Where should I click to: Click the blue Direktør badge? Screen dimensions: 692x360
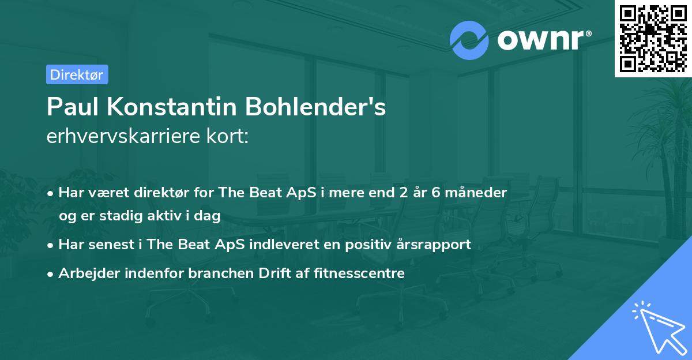point(77,74)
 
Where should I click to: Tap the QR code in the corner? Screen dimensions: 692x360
point(653,38)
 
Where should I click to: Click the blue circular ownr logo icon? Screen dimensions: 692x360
point(469,40)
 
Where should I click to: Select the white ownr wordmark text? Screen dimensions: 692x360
point(544,40)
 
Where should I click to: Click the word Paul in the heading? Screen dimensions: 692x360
point(73,107)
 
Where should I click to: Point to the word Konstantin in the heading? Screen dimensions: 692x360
point(172,107)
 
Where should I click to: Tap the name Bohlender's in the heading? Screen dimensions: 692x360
point(315,107)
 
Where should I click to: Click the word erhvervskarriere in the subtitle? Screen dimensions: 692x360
point(123,136)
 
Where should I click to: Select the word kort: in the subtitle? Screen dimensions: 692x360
point(228,136)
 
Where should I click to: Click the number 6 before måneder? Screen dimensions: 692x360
point(435,192)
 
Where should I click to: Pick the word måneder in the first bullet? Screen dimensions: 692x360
point(476,192)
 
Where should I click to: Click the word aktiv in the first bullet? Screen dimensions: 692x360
point(164,215)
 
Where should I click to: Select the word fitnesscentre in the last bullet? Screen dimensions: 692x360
point(359,273)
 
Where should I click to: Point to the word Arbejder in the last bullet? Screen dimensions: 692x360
point(89,273)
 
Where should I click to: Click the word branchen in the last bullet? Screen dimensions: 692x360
point(221,273)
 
